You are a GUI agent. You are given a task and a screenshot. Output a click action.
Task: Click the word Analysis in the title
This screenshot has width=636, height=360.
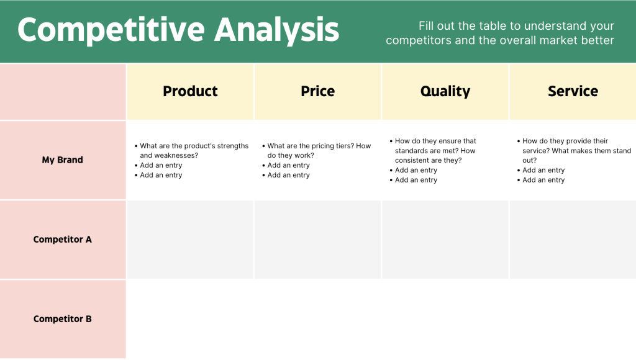tap(277, 30)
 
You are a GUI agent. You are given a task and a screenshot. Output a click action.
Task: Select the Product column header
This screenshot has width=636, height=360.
tap(190, 91)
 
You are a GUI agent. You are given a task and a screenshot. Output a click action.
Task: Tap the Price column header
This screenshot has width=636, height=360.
tap(317, 91)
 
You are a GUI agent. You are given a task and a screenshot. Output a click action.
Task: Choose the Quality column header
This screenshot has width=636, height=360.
tap(445, 91)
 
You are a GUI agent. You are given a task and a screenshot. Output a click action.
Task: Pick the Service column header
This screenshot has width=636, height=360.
tap(573, 91)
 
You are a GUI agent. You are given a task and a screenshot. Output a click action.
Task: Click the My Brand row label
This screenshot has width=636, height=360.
tap(62, 160)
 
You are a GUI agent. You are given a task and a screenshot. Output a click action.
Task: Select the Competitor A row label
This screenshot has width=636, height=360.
tap(62, 239)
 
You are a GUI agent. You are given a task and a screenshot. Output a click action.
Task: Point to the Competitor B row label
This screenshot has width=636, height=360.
tap(62, 318)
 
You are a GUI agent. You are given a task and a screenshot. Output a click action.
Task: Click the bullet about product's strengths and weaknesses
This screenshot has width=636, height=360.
tap(193, 150)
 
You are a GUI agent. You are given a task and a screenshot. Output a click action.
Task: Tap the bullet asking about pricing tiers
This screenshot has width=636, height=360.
tap(319, 150)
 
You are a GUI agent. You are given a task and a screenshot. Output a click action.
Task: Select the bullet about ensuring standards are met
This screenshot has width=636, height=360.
tap(435, 150)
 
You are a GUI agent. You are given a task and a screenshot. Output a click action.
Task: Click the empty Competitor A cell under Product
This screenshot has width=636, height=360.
tap(190, 240)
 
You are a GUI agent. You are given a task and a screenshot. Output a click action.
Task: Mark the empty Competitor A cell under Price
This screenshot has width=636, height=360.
tap(317, 240)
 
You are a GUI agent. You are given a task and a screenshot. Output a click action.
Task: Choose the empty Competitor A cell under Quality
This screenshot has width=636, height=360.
tap(445, 240)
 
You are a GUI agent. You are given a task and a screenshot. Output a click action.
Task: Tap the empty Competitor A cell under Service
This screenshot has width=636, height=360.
tap(573, 240)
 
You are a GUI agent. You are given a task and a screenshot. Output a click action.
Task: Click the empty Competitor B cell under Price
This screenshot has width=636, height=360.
tap(317, 319)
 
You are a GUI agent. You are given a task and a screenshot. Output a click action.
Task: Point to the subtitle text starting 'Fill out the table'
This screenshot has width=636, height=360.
tap(500, 34)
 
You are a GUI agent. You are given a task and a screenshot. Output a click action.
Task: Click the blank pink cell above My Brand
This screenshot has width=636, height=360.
tap(63, 91)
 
